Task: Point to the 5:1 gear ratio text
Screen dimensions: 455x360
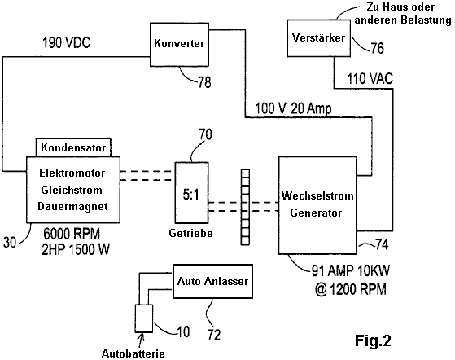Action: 191,195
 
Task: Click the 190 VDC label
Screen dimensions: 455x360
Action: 67,42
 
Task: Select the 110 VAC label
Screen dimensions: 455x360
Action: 370,78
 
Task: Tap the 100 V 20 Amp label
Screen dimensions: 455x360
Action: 293,108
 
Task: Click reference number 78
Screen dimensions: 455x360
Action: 204,82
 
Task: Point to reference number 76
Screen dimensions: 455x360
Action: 377,48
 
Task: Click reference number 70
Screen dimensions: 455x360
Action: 205,134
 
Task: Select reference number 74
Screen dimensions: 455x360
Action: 382,244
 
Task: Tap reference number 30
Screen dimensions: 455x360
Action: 10,242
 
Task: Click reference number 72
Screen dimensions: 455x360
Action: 214,335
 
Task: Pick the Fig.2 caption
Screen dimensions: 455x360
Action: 373,340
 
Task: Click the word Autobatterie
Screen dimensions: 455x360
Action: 133,353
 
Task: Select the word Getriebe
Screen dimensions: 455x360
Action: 190,233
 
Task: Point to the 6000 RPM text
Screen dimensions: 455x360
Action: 72,234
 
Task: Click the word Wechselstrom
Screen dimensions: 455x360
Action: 317,195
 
